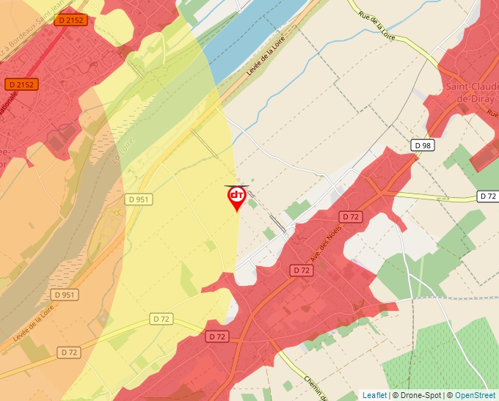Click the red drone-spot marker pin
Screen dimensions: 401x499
coord(236,196)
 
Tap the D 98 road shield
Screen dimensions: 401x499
coord(422,145)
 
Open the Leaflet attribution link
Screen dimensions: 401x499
coord(374,395)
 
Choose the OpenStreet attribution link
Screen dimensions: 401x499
coord(475,395)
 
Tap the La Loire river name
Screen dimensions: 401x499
coord(115,154)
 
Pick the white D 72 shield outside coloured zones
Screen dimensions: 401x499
coord(488,196)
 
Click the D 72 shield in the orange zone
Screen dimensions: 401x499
coord(69,353)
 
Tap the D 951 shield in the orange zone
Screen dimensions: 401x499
coord(65,295)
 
